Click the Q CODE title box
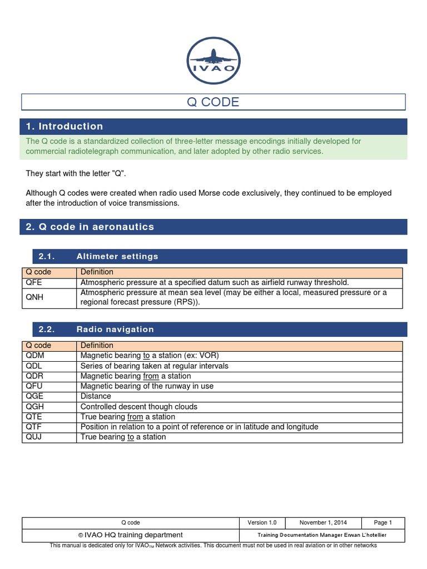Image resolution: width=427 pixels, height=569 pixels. coord(213,102)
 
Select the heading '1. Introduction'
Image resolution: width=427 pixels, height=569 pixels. coord(64,126)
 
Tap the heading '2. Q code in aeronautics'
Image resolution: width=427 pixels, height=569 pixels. coord(90,227)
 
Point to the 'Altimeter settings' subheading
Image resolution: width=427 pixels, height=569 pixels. coord(117,256)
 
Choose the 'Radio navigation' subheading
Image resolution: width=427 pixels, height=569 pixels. coord(115,330)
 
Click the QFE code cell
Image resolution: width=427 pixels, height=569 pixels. coord(34,282)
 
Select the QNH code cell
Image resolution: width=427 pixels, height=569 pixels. coord(34,297)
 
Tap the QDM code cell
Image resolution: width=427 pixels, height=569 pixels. coord(34,356)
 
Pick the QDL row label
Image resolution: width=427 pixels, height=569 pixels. coord(34,366)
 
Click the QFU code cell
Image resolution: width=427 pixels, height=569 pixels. coord(34,386)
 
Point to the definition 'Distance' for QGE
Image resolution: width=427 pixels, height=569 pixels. coord(96,396)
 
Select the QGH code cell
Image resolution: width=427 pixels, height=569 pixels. coord(34,407)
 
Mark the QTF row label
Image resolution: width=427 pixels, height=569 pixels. coord(34,427)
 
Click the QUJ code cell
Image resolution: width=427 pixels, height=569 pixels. coord(34,437)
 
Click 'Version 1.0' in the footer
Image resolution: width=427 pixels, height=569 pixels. coord(262,523)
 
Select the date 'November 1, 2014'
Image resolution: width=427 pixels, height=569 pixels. coord(323,523)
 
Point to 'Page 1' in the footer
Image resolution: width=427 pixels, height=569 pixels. coord(383,523)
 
